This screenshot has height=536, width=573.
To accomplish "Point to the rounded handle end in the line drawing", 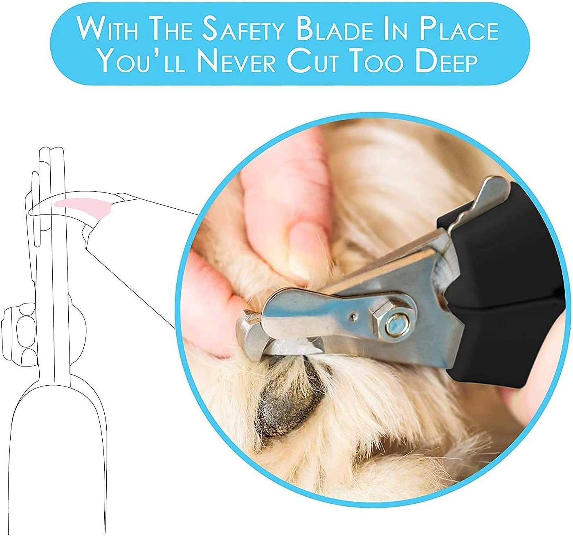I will coord(53,470).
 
